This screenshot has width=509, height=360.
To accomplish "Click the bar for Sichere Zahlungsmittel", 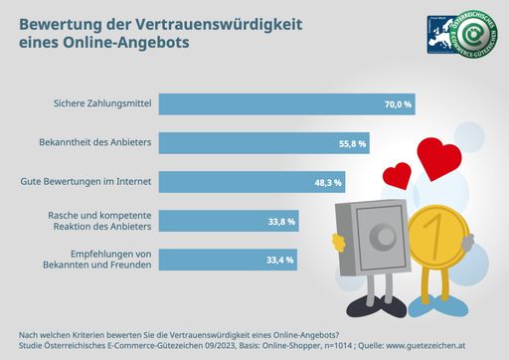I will tap(288, 103).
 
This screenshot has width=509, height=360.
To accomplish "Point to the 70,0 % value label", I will tap(398, 103).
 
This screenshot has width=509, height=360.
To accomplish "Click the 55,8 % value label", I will tap(353, 143).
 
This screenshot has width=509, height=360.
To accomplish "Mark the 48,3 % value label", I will tap(328, 182).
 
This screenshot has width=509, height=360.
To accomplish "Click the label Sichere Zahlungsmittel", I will tap(99, 103).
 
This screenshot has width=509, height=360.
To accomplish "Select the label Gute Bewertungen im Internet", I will tap(85, 182).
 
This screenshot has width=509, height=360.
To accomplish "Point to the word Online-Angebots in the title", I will tap(132, 44).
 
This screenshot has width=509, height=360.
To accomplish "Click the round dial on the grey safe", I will tap(383, 237).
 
